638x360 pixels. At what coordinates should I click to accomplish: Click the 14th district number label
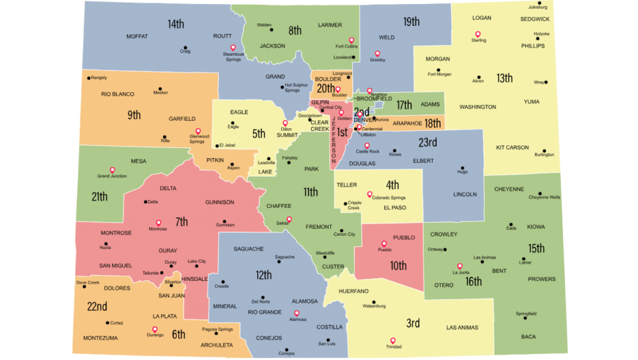pyautogui.click(x=175, y=24)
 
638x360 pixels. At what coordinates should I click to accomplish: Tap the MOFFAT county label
pyautogui.click(x=136, y=36)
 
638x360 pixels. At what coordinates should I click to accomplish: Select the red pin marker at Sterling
pyautogui.click(x=477, y=35)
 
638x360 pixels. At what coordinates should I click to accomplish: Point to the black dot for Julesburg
pyautogui.click(x=540, y=3)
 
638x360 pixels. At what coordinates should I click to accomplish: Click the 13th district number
pyautogui.click(x=504, y=78)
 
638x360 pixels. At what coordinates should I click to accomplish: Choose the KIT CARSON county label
pyautogui.click(x=512, y=147)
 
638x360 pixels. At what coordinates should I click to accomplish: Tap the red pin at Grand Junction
pyautogui.click(x=112, y=170)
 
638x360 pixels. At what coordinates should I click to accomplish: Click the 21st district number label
pyautogui.click(x=100, y=197)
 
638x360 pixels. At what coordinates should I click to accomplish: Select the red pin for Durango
pyautogui.click(x=155, y=329)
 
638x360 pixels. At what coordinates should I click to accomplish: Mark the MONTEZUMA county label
pyautogui.click(x=100, y=338)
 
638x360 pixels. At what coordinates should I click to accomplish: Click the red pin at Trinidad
pyautogui.click(x=393, y=341)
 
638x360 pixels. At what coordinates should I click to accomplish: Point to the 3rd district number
pyautogui.click(x=413, y=323)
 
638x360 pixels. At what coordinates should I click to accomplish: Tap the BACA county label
pyautogui.click(x=528, y=337)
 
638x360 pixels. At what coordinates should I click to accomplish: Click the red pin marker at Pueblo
pyautogui.click(x=384, y=244)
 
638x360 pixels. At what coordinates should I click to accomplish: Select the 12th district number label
pyautogui.click(x=263, y=275)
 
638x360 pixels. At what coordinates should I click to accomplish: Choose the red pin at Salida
pyautogui.click(x=288, y=219)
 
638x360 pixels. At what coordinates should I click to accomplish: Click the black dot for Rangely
pyautogui.click(x=88, y=78)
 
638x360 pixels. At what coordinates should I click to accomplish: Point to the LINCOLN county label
pyautogui.click(x=465, y=195)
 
